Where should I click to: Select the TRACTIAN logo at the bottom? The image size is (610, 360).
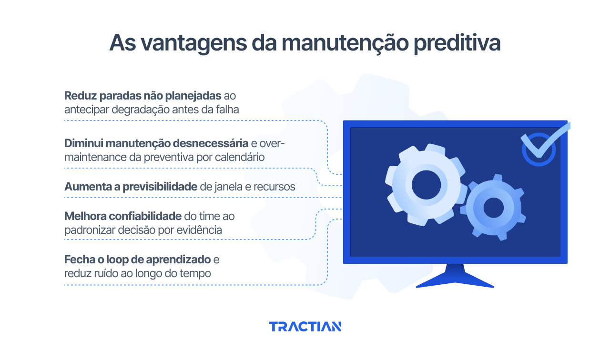(x=305, y=327)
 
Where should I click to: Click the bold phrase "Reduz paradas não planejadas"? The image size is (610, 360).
(x=143, y=95)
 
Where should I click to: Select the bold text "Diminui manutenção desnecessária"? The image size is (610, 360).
(x=156, y=143)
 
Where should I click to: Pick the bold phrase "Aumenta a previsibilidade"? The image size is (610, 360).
(x=131, y=187)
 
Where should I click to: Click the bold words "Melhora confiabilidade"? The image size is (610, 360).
(x=123, y=216)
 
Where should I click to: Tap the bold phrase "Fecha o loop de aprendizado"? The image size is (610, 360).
(x=137, y=260)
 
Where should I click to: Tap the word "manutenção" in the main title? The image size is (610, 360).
(x=344, y=43)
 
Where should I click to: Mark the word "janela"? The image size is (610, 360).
(x=229, y=187)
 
